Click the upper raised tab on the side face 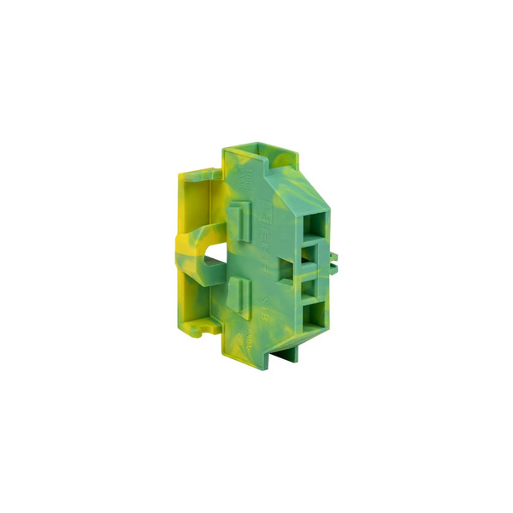pyautogui.click(x=243, y=219)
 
